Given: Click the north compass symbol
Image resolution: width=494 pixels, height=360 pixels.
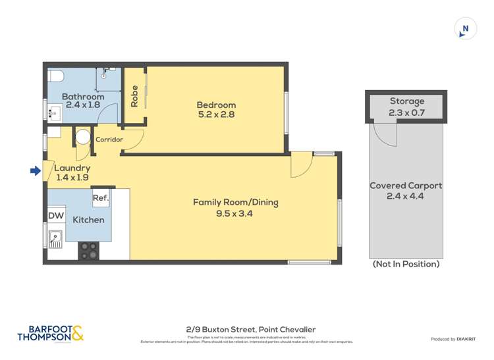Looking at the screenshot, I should (x=466, y=29).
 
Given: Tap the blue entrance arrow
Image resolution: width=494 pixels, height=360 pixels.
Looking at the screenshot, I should (x=36, y=171).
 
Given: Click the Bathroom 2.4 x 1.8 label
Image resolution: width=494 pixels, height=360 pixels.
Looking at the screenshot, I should (x=83, y=101).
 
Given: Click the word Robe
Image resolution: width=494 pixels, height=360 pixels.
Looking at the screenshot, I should (x=134, y=96).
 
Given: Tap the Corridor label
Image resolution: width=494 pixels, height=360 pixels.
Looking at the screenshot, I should (x=109, y=140).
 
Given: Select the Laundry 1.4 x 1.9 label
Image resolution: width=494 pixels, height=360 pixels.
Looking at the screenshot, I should (x=72, y=172).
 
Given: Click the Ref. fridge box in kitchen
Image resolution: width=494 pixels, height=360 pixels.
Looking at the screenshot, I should (x=100, y=197).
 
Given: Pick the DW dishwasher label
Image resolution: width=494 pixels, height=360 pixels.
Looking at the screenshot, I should (x=55, y=215).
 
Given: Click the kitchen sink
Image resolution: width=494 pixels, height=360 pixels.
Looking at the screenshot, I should (x=55, y=238).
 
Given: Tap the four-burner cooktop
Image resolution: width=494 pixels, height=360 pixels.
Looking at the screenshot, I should (x=89, y=251).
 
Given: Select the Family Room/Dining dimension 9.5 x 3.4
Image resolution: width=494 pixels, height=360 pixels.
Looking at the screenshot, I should (x=235, y=213).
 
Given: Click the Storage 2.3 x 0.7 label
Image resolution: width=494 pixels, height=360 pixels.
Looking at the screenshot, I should (x=406, y=107).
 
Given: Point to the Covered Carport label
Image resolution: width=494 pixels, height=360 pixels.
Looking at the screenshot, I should (x=406, y=191).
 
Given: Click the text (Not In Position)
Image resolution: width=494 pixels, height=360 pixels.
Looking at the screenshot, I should (x=406, y=264).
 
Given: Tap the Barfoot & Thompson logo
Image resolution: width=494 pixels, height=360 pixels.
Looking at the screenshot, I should (x=51, y=334).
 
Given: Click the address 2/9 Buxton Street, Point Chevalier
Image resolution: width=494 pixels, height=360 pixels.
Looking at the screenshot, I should (x=250, y=330).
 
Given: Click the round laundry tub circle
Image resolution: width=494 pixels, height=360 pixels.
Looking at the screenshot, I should (x=83, y=137).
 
